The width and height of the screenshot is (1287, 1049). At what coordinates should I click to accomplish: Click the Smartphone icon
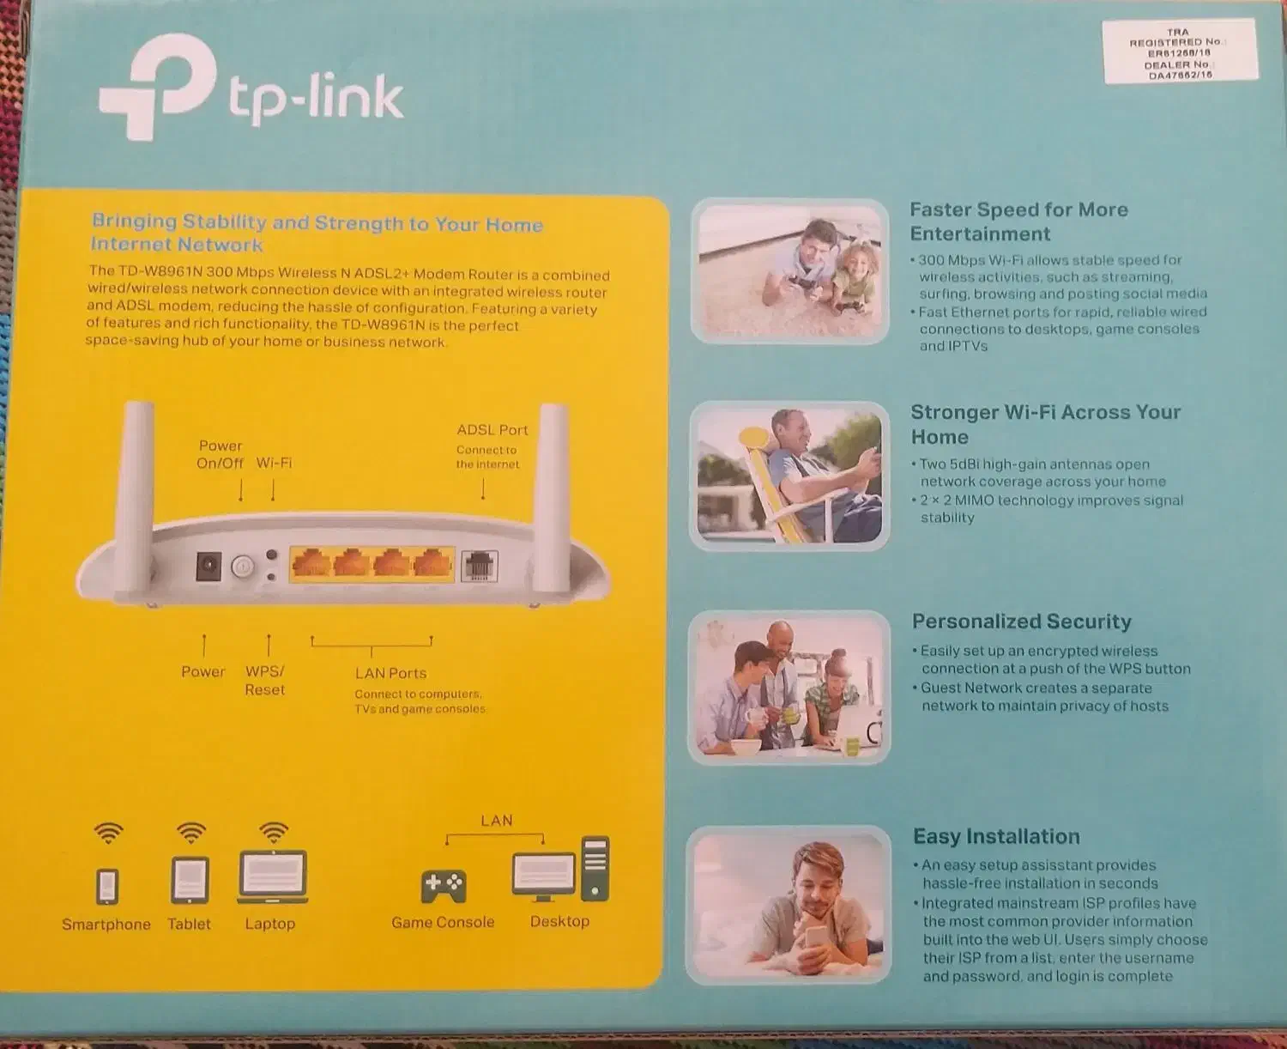107,886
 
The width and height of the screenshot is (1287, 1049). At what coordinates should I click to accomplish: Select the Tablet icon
190,881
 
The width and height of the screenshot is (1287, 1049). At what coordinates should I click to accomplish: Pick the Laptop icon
272,876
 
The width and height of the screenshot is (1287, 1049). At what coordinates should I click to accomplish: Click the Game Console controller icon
444,886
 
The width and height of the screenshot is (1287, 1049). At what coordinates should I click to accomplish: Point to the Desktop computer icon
560,871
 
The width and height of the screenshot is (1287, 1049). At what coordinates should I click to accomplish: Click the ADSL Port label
492,430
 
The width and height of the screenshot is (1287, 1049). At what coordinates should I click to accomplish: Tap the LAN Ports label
390,674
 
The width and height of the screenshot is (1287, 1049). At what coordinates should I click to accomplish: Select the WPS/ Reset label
264,681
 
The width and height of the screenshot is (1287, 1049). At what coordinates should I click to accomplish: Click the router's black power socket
208,567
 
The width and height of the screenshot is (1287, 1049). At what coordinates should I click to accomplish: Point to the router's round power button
243,567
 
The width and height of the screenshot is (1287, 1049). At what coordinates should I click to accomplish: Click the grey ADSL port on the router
479,566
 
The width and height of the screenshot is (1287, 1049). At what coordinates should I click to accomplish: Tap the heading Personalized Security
1021,622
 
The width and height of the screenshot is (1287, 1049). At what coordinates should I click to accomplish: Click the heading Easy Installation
995,837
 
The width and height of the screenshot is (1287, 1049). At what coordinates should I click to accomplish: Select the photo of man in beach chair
789,476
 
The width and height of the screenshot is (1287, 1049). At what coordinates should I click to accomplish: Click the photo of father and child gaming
789,271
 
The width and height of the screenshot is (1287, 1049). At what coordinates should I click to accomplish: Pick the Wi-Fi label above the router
274,463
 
